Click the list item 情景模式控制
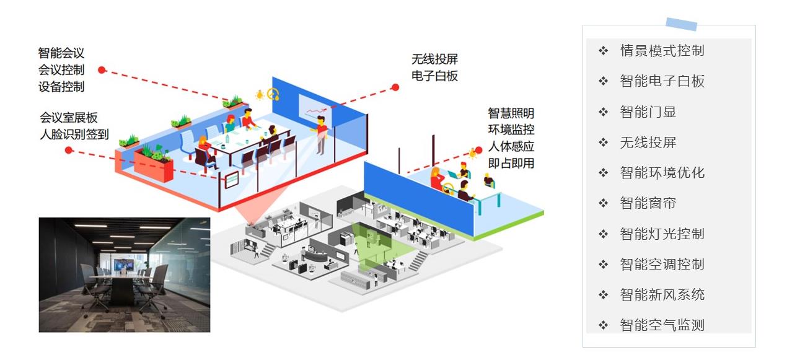[662, 51]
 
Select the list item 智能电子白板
[662, 81]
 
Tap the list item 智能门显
[648, 112]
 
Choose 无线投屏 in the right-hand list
[648, 143]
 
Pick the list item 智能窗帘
[648, 203]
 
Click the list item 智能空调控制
[662, 265]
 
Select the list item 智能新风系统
[662, 295]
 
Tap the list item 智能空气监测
[662, 325]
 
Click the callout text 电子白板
[434, 76]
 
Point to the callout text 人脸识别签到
[74, 133]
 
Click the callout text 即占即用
[511, 164]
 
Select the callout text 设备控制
[61, 87]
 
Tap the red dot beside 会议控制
[102, 70]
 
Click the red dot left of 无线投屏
[395, 87]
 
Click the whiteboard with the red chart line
[315, 108]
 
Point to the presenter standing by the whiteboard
[321, 135]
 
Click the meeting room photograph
[124, 274]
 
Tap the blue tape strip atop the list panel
[681, 24]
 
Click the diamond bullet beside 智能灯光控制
[603, 234]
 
